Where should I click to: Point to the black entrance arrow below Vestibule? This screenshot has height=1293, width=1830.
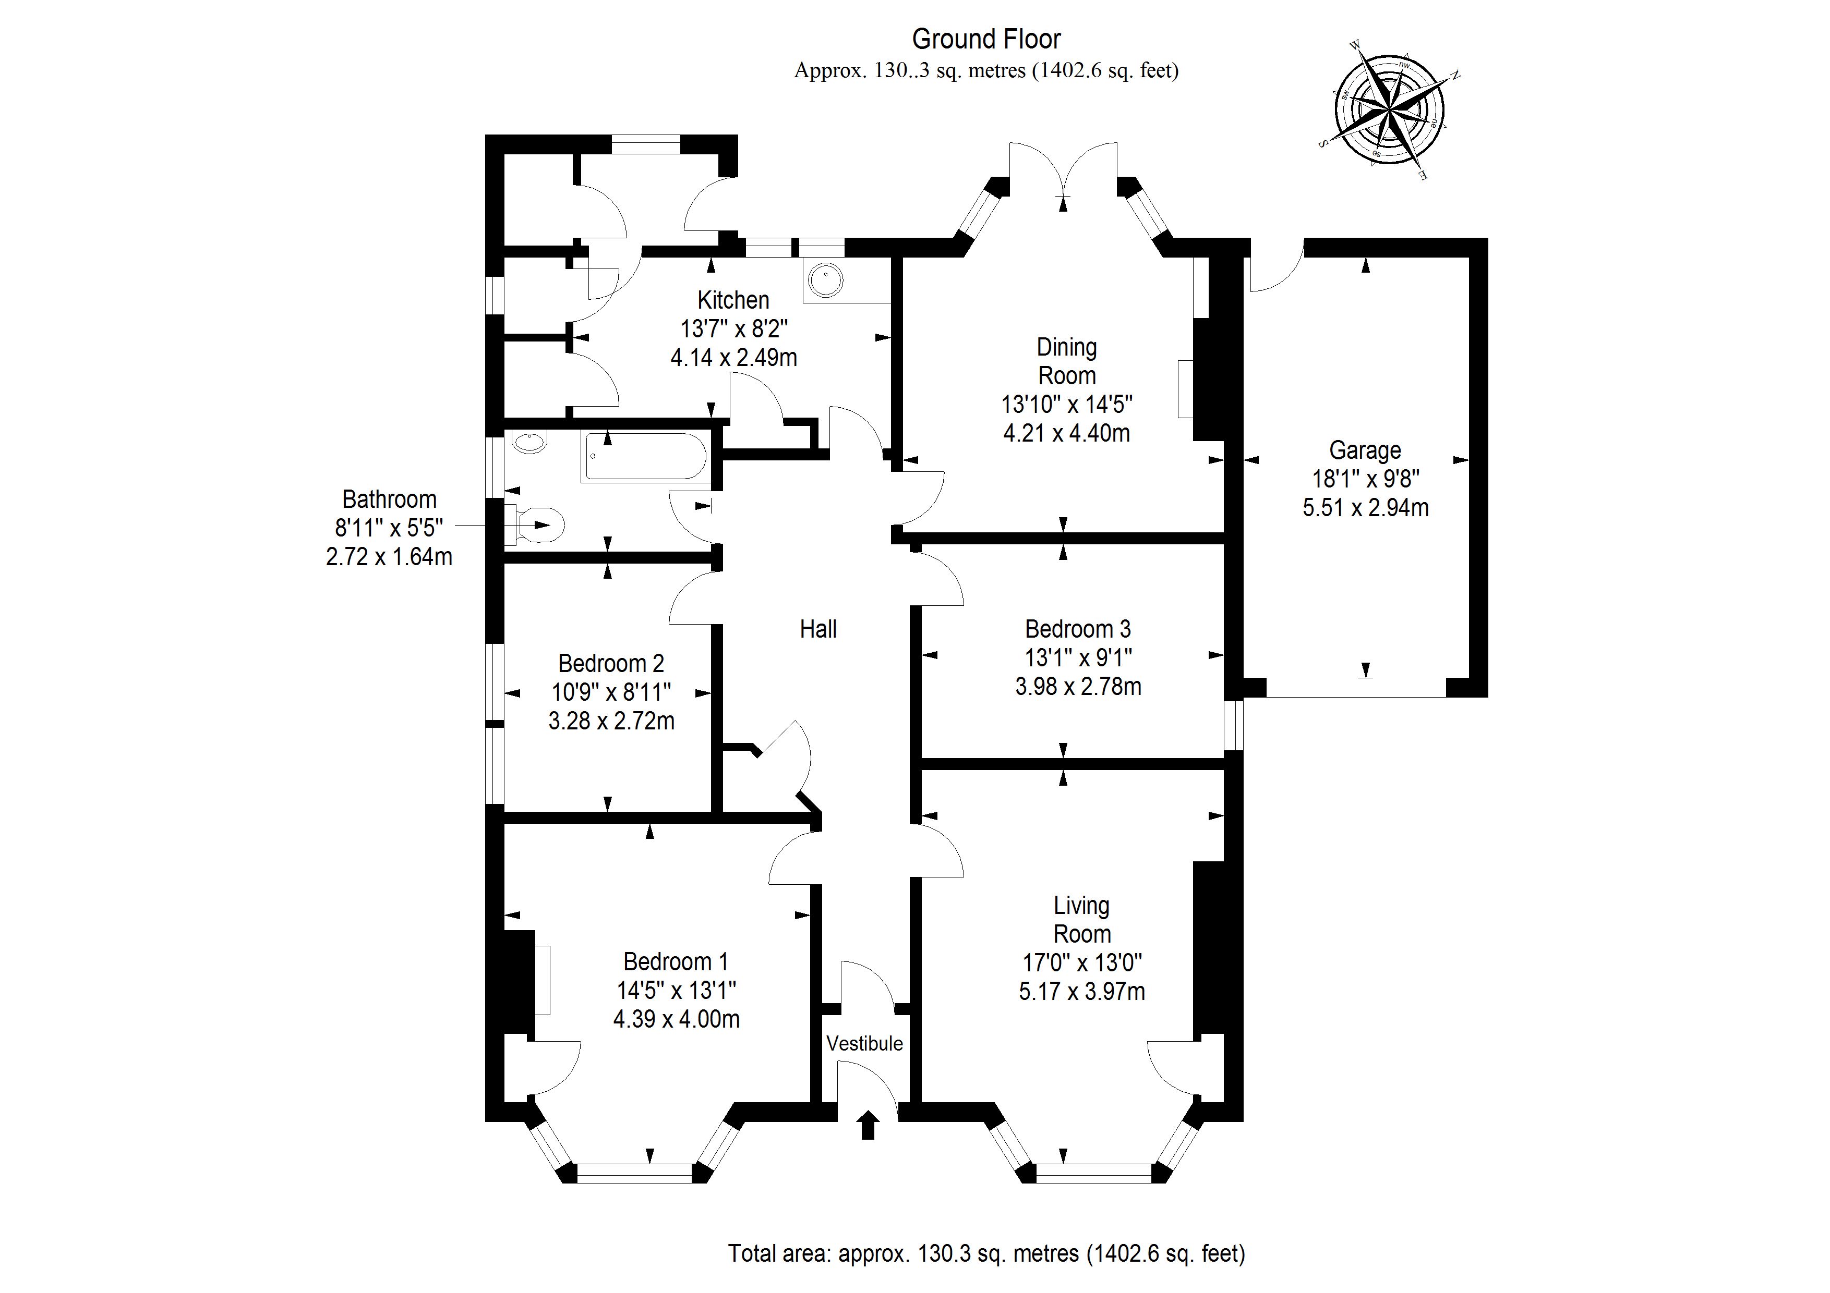[868, 1126]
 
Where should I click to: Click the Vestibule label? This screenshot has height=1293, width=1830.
[865, 1044]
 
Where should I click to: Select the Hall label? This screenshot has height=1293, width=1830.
[818, 629]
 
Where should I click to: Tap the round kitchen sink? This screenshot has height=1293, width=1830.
[824, 279]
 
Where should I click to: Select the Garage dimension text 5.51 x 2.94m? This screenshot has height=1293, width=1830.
[1365, 507]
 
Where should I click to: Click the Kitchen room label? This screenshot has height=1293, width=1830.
[733, 300]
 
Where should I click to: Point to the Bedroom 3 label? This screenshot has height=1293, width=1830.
[1078, 629]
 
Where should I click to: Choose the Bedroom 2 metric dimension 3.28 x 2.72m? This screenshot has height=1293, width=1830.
[611, 721]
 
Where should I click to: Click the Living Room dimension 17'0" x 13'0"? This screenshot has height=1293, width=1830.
[1081, 963]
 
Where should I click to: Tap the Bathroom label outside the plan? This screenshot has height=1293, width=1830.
[389, 499]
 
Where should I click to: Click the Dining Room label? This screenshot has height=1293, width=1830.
[1066, 361]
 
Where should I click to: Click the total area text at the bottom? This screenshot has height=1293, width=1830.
[986, 1253]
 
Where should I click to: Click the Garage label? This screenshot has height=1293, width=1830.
[1365, 450]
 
